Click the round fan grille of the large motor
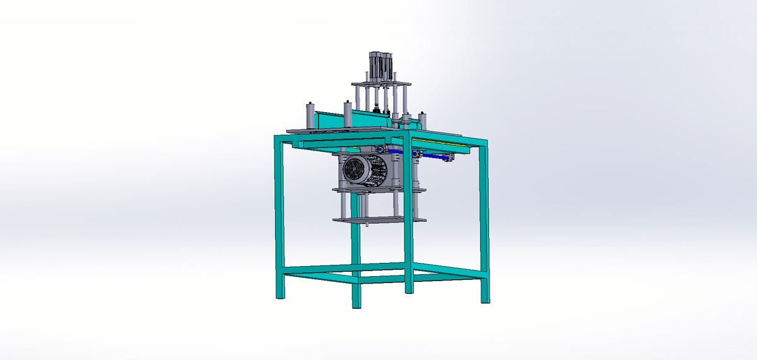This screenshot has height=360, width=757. point(355,170)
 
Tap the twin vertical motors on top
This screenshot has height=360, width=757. point(380,63)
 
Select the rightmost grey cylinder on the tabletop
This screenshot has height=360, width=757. point(424,119)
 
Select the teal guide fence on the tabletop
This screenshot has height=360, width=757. point(353,118)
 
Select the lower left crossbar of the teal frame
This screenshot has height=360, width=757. point(315,273)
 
